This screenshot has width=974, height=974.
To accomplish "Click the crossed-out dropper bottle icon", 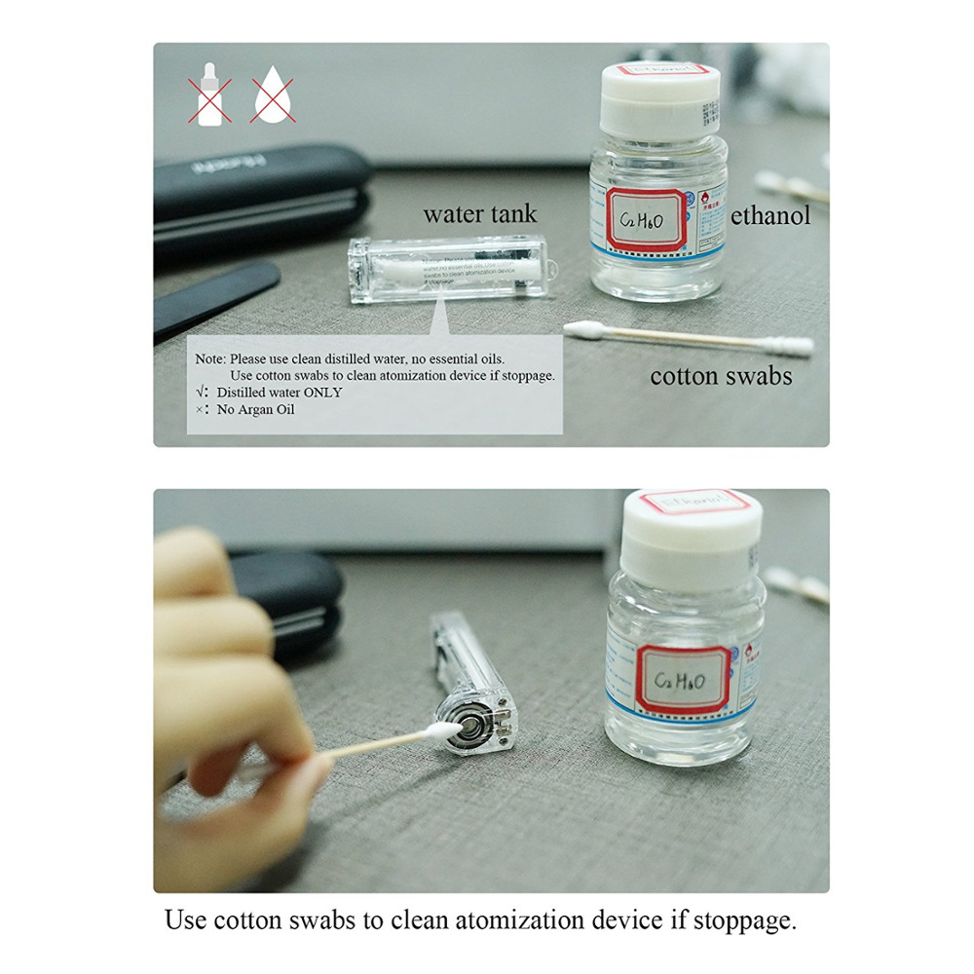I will coord(209,99).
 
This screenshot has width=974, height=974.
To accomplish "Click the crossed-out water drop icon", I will coord(273,99).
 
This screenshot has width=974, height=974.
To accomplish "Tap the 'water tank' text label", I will coord(479,214).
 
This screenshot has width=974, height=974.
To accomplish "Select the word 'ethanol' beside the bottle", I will coord(770,215).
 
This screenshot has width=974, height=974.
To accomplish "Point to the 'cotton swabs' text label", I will coord(721,376).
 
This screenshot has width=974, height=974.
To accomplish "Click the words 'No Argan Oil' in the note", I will coord(255,409).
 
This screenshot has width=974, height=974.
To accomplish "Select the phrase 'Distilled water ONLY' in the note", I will coord(280,392).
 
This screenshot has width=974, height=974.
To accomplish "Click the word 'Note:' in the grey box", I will coord(210,358).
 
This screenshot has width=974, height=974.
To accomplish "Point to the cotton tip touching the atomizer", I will coord(438,730).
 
